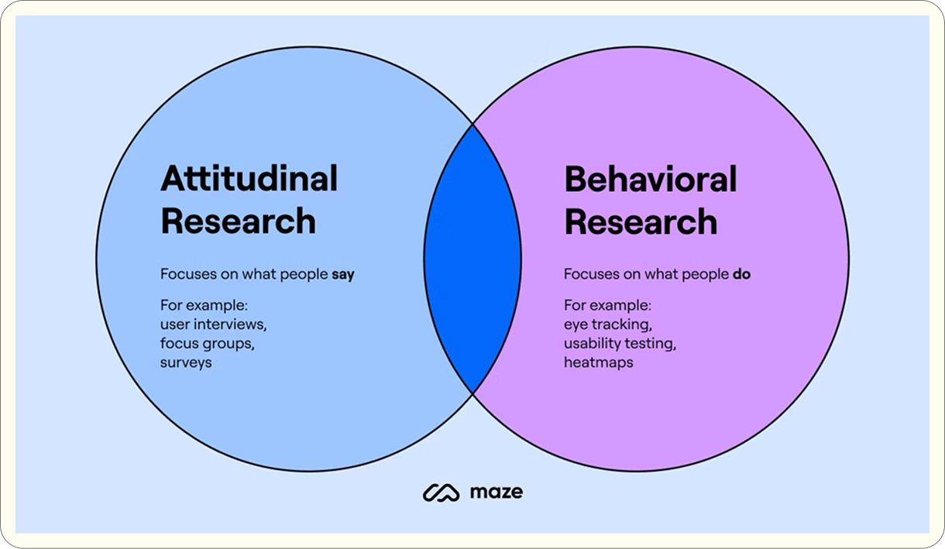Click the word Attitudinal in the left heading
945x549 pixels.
(x=249, y=179)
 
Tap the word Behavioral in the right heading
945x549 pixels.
(x=650, y=179)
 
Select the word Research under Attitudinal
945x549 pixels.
(x=238, y=221)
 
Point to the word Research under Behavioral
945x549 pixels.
(x=641, y=221)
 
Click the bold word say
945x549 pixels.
(x=343, y=274)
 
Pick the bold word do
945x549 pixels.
(x=741, y=274)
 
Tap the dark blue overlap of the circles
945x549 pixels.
(x=472, y=258)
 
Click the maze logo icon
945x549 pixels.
(x=442, y=492)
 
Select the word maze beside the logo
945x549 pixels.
(x=496, y=492)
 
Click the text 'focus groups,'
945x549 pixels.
(x=207, y=342)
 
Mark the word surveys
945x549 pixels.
(x=186, y=362)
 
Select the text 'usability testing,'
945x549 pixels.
(x=625, y=342)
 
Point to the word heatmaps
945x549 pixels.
(x=598, y=362)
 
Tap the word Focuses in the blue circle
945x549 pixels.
(x=186, y=274)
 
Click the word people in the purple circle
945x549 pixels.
(x=706, y=274)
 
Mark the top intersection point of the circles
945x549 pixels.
(x=472, y=123)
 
